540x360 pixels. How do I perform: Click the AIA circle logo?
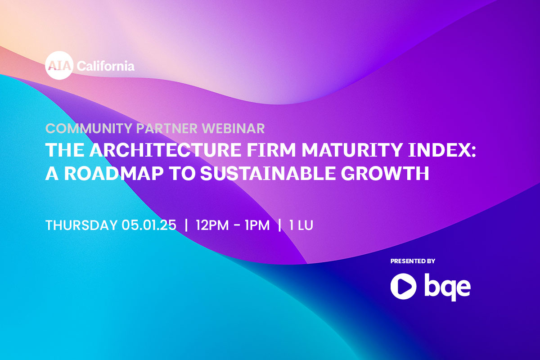(59, 65)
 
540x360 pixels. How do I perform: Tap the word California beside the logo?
(106, 66)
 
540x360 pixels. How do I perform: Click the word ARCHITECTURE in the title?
(166, 150)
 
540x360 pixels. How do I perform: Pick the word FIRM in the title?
(271, 150)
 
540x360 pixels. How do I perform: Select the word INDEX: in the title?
(442, 150)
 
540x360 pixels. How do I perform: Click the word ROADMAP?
(114, 173)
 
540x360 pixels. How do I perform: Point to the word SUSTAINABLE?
(268, 173)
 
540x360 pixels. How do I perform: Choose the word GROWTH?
(385, 173)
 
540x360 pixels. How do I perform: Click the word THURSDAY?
(81, 225)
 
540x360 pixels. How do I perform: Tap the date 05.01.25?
(149, 225)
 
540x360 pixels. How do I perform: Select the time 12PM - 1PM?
(233, 225)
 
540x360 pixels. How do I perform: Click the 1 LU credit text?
(301, 225)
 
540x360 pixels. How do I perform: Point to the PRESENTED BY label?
(413, 261)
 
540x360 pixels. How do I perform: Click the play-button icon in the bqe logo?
(403, 286)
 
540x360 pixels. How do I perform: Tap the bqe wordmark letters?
(447, 287)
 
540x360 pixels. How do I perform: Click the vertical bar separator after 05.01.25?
(186, 225)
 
